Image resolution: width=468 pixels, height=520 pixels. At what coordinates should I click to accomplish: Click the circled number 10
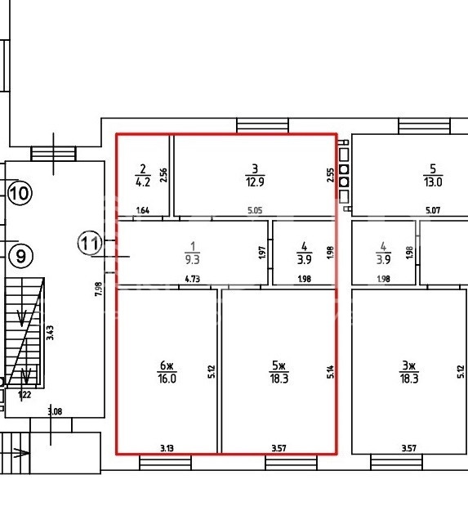(20, 193)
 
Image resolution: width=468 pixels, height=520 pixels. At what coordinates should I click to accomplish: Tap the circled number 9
(21, 256)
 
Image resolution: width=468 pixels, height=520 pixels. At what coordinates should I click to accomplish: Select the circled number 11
(90, 243)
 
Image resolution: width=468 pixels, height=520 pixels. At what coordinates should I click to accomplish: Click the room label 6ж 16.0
(167, 372)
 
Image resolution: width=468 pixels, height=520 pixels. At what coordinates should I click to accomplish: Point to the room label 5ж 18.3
(279, 372)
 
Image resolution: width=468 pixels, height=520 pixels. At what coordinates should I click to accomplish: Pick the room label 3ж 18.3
(408, 372)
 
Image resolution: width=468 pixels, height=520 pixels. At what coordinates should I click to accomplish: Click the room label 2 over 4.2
(143, 176)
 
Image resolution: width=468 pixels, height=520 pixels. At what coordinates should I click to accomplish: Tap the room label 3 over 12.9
(255, 176)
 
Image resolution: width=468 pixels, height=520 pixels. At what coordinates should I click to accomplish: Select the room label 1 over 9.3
(193, 253)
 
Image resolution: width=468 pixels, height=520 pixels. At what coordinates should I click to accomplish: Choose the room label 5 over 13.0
(433, 176)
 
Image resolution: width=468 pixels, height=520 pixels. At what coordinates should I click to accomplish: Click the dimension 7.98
(99, 289)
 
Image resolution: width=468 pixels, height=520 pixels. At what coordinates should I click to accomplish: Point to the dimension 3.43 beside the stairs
(50, 333)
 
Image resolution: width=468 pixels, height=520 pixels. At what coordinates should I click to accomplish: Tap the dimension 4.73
(193, 279)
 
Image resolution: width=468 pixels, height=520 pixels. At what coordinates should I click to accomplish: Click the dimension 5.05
(255, 210)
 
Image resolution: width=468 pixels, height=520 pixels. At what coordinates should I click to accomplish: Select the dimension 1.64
(143, 210)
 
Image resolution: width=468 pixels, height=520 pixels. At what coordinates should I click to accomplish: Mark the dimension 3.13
(167, 448)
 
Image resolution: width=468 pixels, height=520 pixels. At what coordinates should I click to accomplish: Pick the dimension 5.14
(330, 372)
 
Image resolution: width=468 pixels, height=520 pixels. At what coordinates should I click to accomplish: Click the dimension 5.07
(433, 210)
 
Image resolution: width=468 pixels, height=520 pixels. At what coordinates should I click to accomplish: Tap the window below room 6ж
(165, 462)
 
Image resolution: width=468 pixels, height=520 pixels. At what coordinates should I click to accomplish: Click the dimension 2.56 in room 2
(163, 176)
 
